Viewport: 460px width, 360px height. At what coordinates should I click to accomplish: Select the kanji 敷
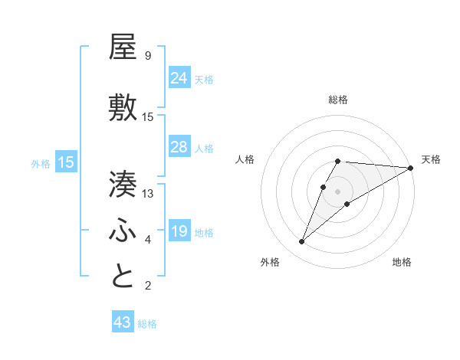[x=123, y=108]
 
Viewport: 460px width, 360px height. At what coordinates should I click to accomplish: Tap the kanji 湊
[x=123, y=185]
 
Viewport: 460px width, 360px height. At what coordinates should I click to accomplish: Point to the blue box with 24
[x=179, y=78]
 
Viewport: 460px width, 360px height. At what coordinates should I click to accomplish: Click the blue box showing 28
[x=179, y=147]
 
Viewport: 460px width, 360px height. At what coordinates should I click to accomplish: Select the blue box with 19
[x=179, y=231]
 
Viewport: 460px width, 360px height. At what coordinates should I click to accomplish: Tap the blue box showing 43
[x=123, y=323]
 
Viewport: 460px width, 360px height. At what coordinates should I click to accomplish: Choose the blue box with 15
[x=66, y=162]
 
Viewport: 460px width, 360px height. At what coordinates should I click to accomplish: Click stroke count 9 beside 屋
[x=147, y=56]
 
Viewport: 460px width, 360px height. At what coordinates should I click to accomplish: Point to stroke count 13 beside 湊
[x=148, y=194]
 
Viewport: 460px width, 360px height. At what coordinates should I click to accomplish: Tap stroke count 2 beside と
[x=147, y=286]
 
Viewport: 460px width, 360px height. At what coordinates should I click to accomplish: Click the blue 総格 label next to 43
[x=147, y=324]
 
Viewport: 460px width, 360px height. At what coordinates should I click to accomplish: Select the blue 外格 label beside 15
[x=41, y=163]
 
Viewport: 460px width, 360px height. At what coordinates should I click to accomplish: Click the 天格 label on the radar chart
[x=431, y=159]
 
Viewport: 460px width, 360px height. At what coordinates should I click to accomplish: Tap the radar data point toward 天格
[x=410, y=168]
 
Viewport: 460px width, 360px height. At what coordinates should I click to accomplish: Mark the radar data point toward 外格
[x=302, y=241]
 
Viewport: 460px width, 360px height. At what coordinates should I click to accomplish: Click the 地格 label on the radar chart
[x=402, y=262]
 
